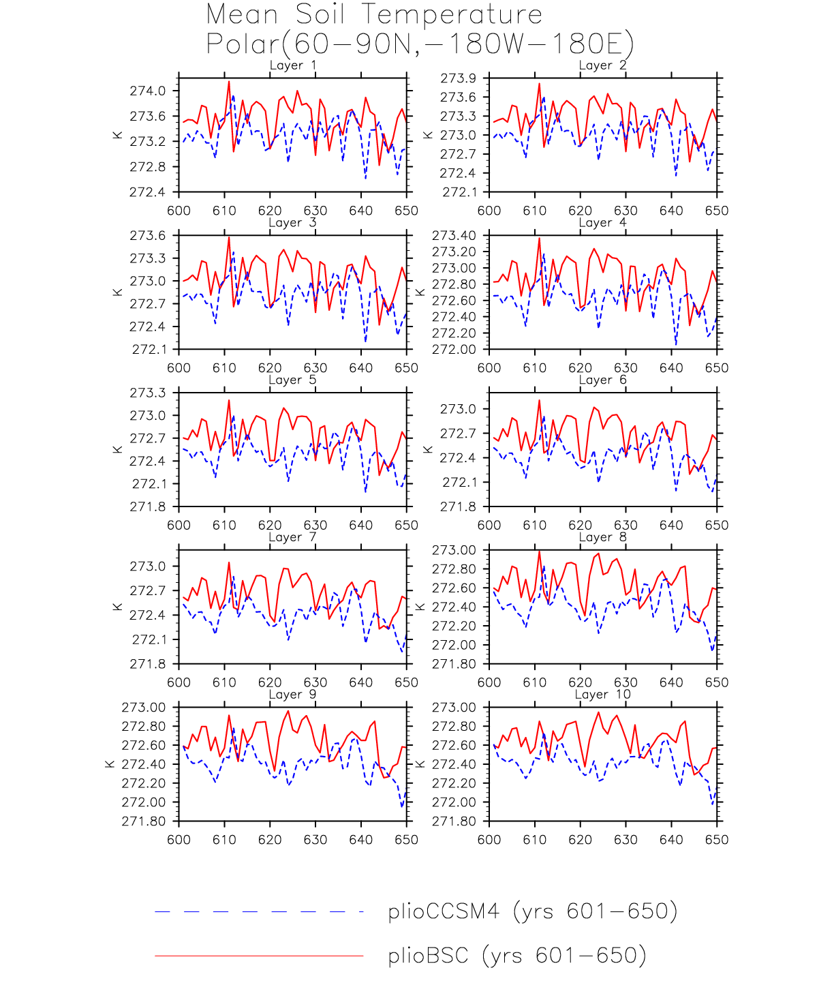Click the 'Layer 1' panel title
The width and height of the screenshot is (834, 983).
(292, 65)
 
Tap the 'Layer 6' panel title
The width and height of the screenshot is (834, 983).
(602, 380)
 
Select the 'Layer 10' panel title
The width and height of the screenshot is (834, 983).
(602, 695)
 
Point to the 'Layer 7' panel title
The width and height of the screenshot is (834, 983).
(292, 537)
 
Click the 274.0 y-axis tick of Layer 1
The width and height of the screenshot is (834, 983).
(147, 91)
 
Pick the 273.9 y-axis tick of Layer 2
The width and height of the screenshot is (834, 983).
(458, 78)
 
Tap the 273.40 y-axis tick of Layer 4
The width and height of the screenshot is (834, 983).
(454, 236)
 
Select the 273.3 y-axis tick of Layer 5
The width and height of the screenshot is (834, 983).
(147, 393)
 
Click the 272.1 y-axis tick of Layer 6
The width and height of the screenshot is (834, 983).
(458, 483)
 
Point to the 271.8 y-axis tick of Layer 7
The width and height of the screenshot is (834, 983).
(147, 664)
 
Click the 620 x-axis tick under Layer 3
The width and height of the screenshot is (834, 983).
(270, 368)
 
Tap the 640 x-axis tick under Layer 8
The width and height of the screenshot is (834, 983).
(671, 682)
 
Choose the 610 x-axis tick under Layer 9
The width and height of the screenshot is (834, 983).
(224, 840)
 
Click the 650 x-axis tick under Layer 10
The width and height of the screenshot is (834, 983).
(717, 840)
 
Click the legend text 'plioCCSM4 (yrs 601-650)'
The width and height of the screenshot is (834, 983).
(532, 911)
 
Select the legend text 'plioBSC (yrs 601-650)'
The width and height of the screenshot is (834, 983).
(516, 956)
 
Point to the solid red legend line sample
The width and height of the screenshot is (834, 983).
(259, 956)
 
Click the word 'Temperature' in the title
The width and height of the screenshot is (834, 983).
(452, 14)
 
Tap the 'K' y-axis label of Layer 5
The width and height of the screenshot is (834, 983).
(118, 450)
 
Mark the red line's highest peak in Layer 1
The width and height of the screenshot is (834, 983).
(229, 81)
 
